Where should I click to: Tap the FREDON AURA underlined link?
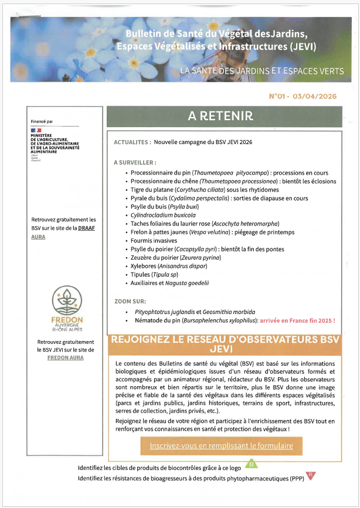66,357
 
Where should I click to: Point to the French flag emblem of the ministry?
36,130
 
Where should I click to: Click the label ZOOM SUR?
130,301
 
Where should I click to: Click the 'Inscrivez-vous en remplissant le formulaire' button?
221,445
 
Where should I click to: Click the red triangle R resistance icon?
311,475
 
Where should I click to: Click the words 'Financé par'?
42,121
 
